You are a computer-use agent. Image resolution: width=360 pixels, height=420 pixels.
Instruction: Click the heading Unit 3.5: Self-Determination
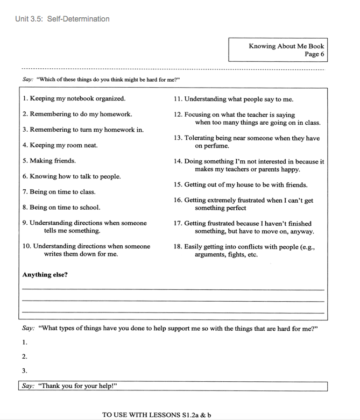pyautogui.click(x=62, y=19)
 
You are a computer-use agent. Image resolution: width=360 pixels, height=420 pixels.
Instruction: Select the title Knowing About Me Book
pyautogui.click(x=286, y=46)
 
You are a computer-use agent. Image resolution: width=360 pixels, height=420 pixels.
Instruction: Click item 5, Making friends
pyautogui.click(x=49, y=161)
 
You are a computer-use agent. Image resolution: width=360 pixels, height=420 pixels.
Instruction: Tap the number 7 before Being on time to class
pyautogui.click(x=25, y=192)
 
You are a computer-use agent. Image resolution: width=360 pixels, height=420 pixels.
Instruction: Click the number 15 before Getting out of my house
pyautogui.click(x=178, y=185)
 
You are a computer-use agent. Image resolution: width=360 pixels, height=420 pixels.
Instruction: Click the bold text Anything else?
pyautogui.click(x=45, y=275)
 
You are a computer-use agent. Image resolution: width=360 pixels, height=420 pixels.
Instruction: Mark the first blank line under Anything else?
pyautogui.click(x=173, y=289)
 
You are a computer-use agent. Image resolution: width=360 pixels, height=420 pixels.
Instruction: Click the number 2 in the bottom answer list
pyautogui.click(x=24, y=357)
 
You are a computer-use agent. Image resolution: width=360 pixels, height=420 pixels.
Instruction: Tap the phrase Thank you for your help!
pyautogui.click(x=77, y=386)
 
